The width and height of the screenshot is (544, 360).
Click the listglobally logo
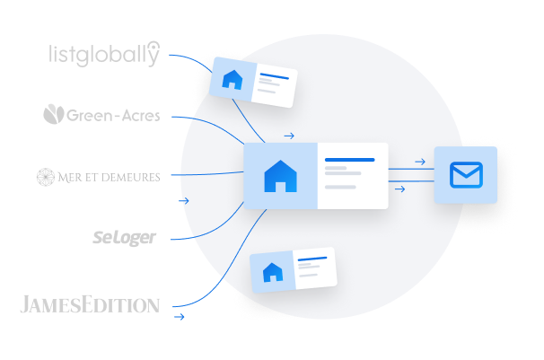104,54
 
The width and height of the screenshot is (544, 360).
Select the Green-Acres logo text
113,116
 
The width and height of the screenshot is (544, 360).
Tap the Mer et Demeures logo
99,177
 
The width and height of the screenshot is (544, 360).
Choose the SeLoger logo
124,238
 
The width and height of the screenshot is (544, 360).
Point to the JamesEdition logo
90,304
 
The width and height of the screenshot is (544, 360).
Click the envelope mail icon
466,175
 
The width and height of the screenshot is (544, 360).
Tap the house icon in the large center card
280,176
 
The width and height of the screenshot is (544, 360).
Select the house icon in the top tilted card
233,79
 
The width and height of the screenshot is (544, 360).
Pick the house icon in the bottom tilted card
273,272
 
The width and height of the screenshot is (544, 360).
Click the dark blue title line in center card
350,160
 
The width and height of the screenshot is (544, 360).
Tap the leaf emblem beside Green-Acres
54,114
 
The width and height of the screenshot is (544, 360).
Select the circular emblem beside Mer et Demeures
46,177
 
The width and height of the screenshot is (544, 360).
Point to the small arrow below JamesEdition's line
179,317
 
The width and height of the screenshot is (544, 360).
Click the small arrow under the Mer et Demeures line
183,201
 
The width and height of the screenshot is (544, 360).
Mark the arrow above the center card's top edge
289,136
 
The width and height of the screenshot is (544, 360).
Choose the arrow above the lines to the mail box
420,162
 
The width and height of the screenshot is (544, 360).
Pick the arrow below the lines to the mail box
400,189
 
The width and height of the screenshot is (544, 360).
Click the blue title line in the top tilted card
275,76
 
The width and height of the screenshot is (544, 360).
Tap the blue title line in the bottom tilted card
312,259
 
